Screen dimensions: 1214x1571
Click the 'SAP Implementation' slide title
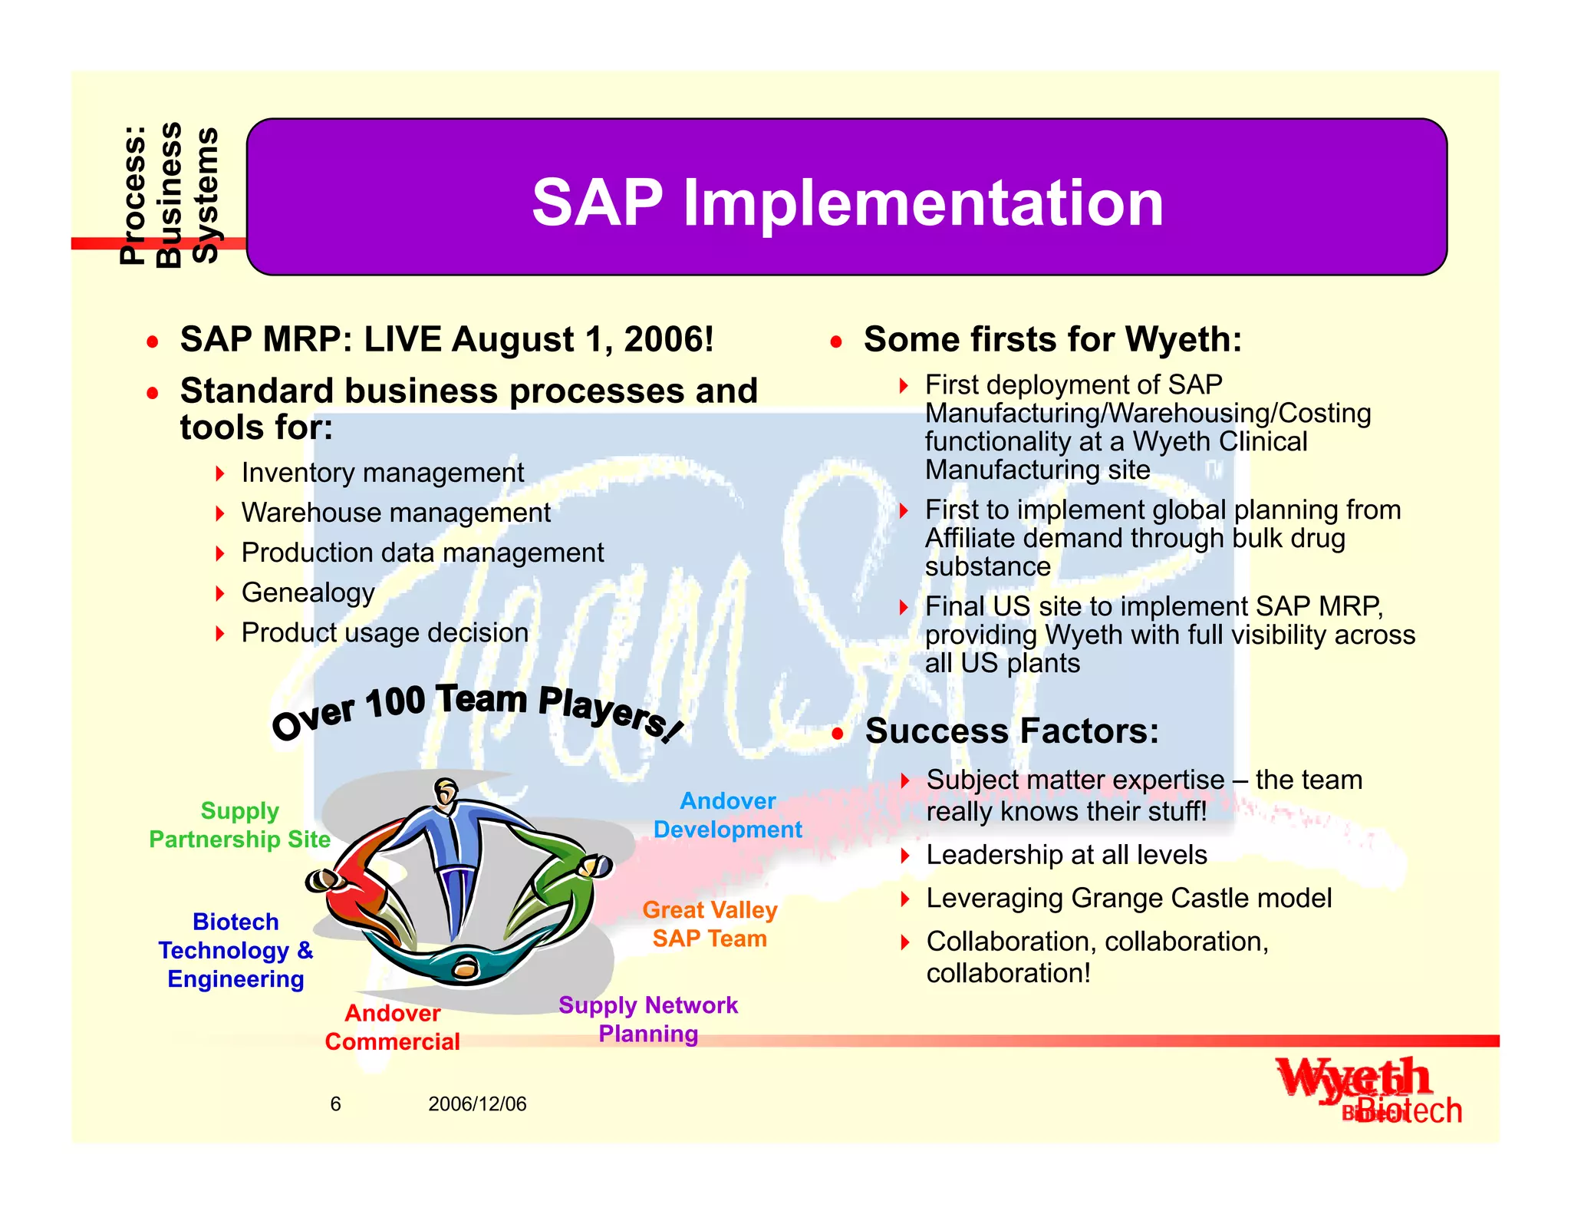[x=847, y=203]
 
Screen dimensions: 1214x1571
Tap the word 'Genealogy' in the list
[x=308, y=592]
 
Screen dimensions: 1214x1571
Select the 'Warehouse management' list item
[x=396, y=513]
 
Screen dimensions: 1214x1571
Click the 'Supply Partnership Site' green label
[x=239, y=825]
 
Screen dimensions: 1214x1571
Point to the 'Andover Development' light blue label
[x=727, y=815]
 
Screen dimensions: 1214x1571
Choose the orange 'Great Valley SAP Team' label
[x=710, y=924]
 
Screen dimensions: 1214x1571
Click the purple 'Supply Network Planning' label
[x=648, y=1019]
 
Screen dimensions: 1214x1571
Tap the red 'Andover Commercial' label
[x=392, y=1028]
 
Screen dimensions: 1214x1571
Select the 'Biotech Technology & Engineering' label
[x=235, y=950]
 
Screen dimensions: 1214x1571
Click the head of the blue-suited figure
[x=446, y=790]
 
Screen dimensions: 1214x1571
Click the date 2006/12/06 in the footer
[x=477, y=1103]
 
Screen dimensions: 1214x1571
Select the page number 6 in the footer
[x=335, y=1103]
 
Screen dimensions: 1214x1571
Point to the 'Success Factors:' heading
[x=1012, y=731]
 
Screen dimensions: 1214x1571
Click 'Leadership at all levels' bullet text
[x=1066, y=855]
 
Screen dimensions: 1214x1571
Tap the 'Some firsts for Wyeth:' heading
[x=1052, y=339]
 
